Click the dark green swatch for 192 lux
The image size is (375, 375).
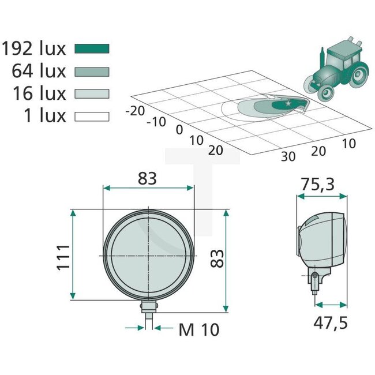(x=92, y=48)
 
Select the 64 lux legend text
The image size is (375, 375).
(x=39, y=72)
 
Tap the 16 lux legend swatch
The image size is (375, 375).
(x=92, y=93)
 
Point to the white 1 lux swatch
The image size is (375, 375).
(x=92, y=117)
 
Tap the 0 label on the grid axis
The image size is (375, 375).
(x=179, y=129)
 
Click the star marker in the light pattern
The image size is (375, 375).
(x=288, y=103)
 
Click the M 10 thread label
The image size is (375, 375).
(x=198, y=329)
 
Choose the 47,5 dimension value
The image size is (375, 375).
(x=331, y=322)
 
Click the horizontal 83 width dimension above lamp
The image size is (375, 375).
(x=148, y=179)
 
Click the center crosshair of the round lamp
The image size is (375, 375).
(x=148, y=255)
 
